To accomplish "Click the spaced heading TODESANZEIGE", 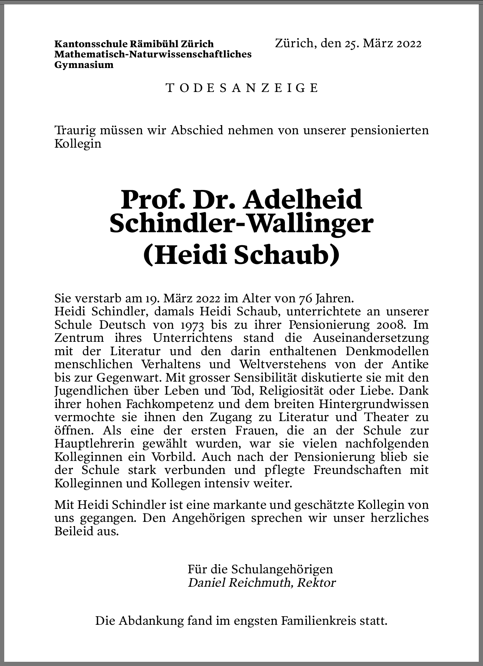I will pyautogui.click(x=242, y=88).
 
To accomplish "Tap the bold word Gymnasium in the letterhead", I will pyautogui.click(x=84, y=65).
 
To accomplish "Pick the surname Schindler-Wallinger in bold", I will pyautogui.click(x=241, y=224).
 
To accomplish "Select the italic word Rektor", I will pyautogui.click(x=316, y=583).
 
